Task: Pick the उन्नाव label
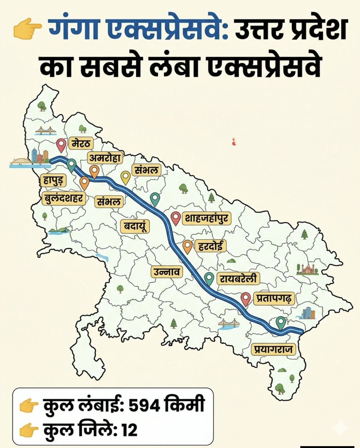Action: coord(167,272)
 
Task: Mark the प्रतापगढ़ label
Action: coord(274,298)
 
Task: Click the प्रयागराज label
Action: coord(273,349)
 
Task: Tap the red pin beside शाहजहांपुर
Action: coord(176,218)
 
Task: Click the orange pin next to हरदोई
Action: coord(188,246)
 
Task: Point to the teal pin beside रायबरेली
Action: coord(209,279)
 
